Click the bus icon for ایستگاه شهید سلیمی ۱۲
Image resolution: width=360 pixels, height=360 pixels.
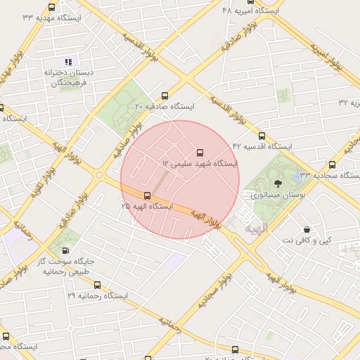pos(200,152)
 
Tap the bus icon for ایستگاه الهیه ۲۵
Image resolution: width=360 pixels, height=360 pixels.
pos(147,196)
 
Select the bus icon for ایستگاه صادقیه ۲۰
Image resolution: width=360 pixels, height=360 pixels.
pos(165,96)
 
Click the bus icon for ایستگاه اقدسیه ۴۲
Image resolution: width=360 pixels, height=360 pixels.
pos(262,136)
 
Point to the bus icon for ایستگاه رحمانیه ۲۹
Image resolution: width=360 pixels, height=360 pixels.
pos(97,285)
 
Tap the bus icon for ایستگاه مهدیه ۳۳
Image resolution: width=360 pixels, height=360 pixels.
pos(51,7)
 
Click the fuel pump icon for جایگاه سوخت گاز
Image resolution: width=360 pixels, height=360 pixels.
pos(66,251)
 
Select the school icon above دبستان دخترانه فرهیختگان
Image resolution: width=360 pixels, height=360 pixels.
pos(68,62)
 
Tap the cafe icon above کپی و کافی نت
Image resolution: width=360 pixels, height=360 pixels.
pos(307,229)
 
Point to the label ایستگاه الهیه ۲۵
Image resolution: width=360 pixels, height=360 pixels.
pos(147,207)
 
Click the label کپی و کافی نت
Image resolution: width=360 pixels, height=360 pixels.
pos(306,240)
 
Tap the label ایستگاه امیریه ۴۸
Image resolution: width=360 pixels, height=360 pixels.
pos(250,11)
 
